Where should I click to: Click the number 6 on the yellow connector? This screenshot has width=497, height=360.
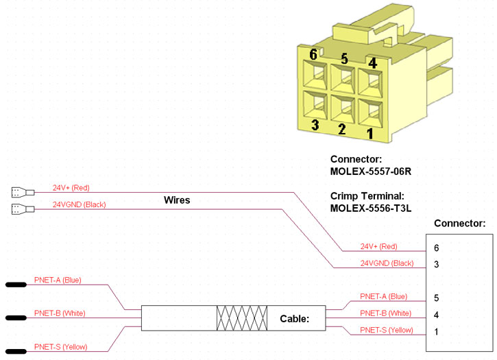click(x=313, y=54)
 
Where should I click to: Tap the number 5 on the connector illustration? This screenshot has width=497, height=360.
click(x=344, y=59)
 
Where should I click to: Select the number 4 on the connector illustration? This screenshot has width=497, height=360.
click(x=372, y=63)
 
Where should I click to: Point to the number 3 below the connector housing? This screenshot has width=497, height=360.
click(x=315, y=125)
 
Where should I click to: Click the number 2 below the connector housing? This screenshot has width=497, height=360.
click(x=341, y=129)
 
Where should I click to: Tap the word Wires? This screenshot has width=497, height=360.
click(x=177, y=200)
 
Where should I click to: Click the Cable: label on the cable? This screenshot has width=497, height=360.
click(x=295, y=319)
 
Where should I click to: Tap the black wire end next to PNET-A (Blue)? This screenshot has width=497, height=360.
click(x=16, y=283)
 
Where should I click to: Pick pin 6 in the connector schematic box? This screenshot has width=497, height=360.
click(x=437, y=247)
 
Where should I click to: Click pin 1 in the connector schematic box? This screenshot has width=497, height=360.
click(x=437, y=332)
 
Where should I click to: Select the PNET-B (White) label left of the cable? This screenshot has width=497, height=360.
click(x=59, y=313)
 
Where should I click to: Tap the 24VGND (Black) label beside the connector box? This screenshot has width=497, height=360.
click(x=387, y=263)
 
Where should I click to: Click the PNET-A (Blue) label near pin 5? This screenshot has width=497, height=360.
click(x=383, y=297)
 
